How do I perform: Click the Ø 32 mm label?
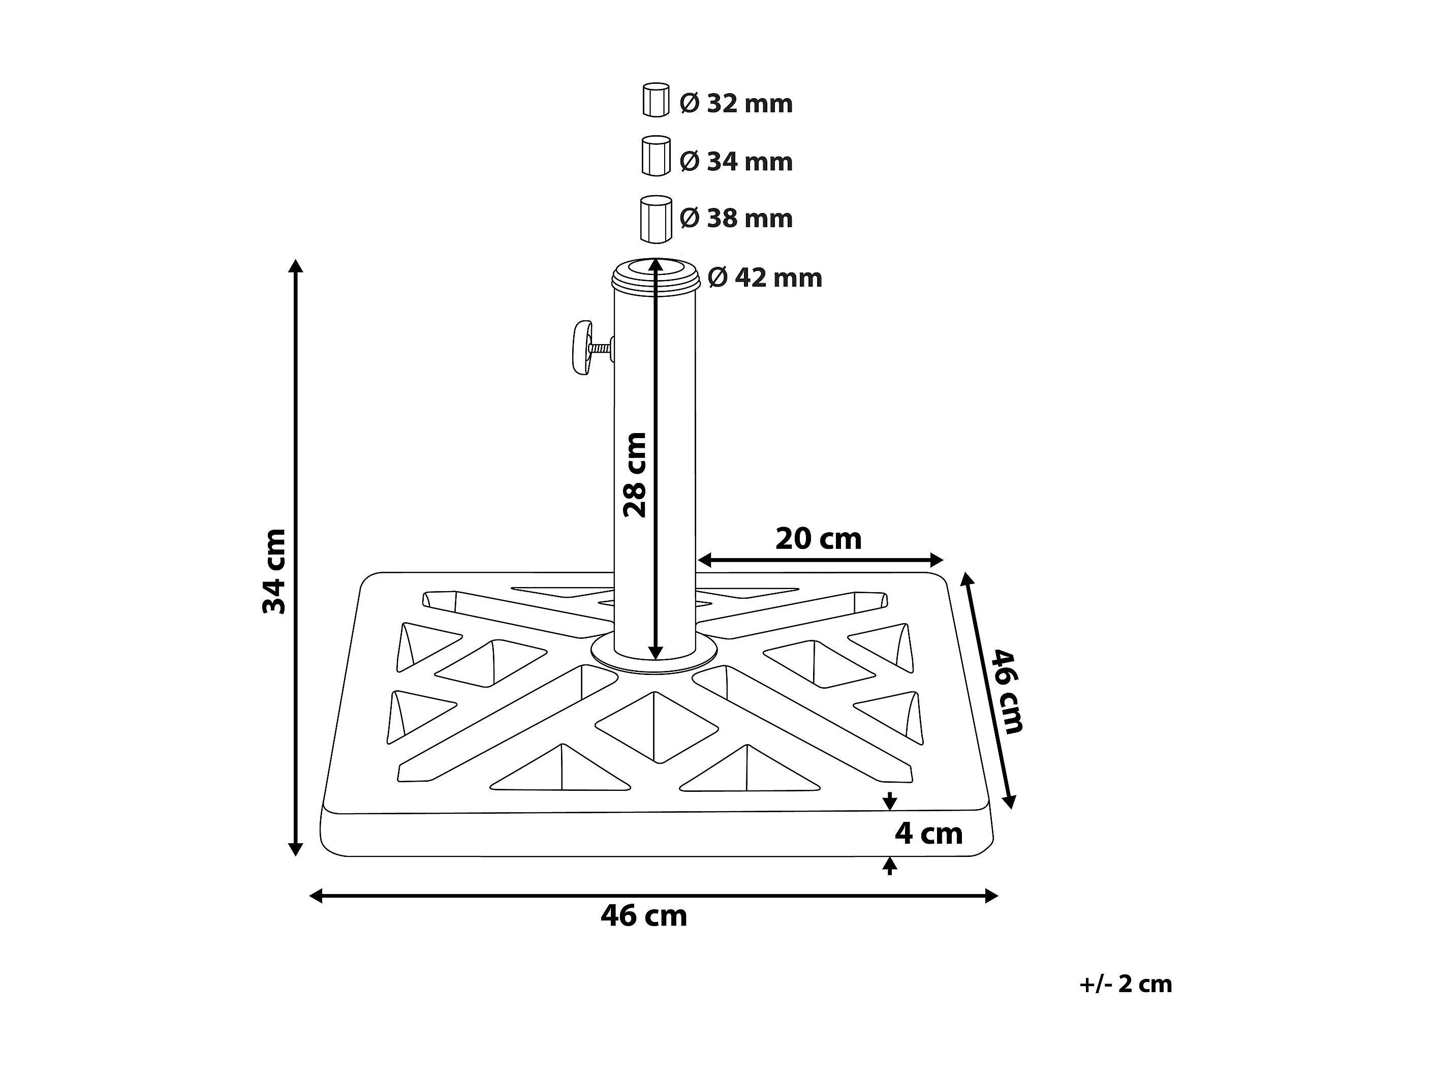[x=736, y=104]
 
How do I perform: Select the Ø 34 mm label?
[x=736, y=161]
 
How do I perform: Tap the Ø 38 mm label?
[x=736, y=219]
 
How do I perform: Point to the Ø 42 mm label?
[x=764, y=278]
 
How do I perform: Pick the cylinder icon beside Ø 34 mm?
[x=656, y=156]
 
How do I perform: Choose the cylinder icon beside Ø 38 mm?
[x=656, y=219]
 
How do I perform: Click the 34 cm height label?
[x=274, y=571]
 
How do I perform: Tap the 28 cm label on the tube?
[x=635, y=474]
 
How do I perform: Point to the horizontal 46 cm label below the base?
[x=643, y=915]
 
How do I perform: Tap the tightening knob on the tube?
[x=583, y=347]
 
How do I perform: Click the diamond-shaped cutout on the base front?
[x=656, y=726]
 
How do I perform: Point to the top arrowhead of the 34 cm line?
[x=295, y=266]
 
